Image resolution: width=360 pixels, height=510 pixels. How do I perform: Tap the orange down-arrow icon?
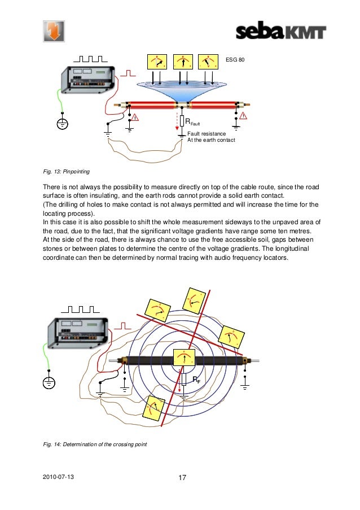pyautogui.click(x=54, y=31)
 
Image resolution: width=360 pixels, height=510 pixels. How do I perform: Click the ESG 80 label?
pyautogui.click(x=235, y=58)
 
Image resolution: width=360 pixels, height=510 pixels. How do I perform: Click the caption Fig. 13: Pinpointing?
pyautogui.click(x=66, y=170)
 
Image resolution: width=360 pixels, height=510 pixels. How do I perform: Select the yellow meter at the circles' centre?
pyautogui.click(x=183, y=358)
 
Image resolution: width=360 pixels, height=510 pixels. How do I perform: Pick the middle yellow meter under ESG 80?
pyautogui.click(x=182, y=62)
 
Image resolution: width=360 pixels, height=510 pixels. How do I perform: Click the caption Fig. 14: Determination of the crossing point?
pyautogui.click(x=95, y=444)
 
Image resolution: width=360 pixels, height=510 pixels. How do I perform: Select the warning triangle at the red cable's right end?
pyautogui.click(x=244, y=116)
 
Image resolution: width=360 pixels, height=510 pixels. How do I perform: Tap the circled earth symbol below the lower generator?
pyautogui.click(x=49, y=382)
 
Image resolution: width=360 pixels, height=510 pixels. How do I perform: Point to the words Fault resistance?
pyautogui.click(x=207, y=133)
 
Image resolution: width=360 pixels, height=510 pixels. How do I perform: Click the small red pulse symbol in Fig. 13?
pyautogui.click(x=129, y=73)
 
